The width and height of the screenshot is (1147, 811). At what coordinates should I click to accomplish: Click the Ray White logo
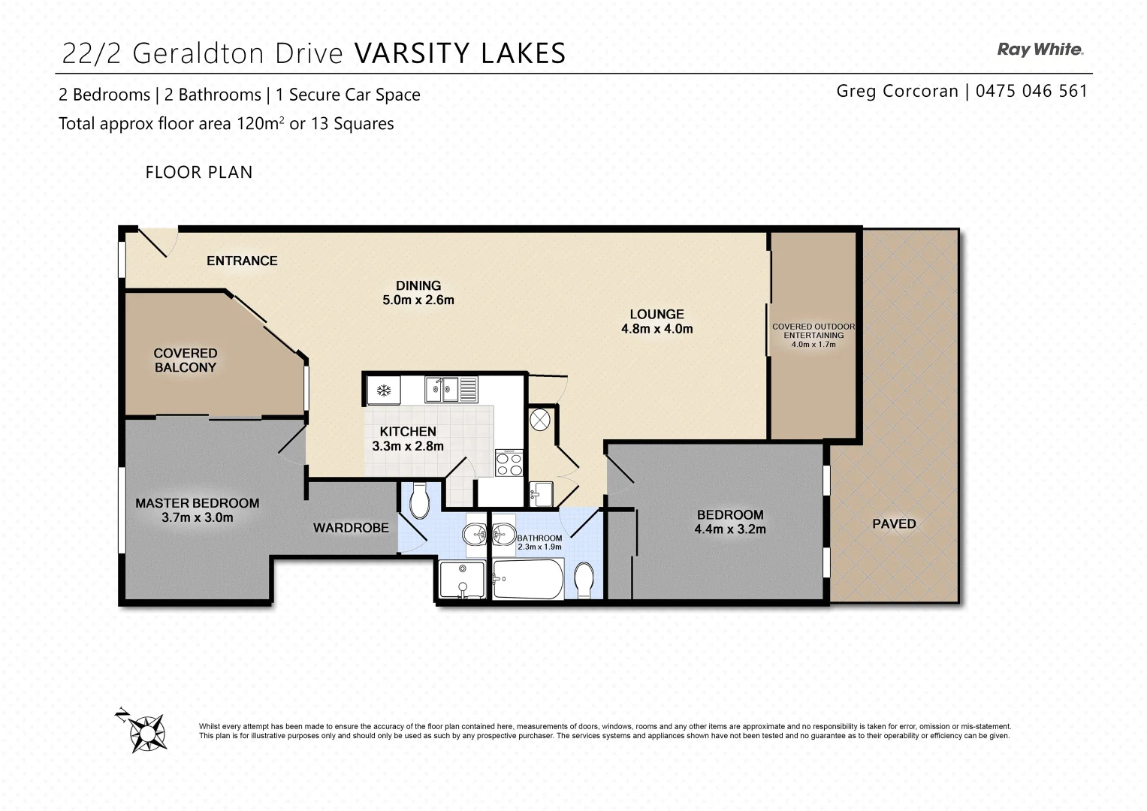1040,50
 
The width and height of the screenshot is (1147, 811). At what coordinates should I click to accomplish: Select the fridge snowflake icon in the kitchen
383,390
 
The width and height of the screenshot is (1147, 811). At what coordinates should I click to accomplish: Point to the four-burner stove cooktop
509,462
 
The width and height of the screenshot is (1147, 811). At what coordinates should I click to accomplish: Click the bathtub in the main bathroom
527,579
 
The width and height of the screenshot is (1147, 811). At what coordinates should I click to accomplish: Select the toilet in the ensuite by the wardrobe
418,500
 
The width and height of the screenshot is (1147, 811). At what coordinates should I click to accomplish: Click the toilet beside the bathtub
584,580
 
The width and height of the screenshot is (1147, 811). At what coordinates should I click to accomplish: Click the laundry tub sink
541,493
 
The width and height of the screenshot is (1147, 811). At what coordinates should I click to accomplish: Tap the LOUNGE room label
657,315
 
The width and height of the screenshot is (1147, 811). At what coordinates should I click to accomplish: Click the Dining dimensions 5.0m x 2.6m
418,300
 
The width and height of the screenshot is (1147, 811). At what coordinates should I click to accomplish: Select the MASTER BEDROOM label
197,503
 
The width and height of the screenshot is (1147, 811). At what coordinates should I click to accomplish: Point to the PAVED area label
894,523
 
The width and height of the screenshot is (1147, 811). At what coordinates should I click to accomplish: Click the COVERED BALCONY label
185,360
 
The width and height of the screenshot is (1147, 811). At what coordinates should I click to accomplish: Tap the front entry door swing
157,242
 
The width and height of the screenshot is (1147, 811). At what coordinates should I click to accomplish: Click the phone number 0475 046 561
1031,91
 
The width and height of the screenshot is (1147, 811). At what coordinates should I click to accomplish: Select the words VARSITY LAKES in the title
459,53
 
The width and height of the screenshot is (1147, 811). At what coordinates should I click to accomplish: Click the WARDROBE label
351,528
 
